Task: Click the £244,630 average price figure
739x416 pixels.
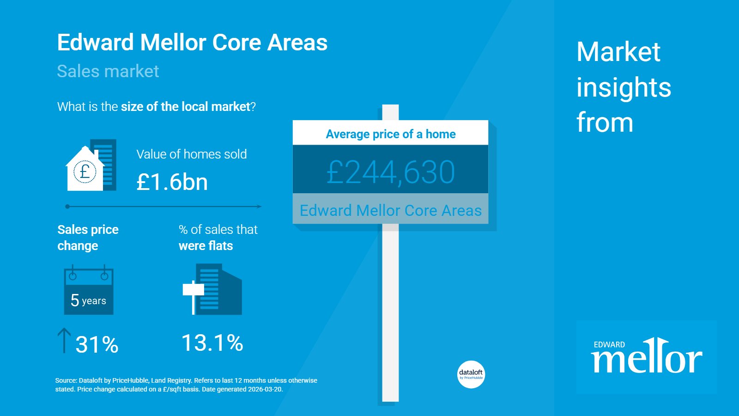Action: click(x=391, y=172)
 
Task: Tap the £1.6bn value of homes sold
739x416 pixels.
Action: click(x=172, y=182)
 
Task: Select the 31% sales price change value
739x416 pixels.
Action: click(x=97, y=345)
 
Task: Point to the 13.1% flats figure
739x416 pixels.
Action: click(x=212, y=343)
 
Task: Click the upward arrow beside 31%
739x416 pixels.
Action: click(x=64, y=340)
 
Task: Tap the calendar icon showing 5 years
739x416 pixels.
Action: click(x=88, y=289)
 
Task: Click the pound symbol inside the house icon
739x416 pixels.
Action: click(x=85, y=171)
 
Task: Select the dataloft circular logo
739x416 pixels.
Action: click(x=471, y=374)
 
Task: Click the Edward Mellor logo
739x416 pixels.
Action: click(x=647, y=357)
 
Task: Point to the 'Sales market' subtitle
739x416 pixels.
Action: click(x=108, y=71)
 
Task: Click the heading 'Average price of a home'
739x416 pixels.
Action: click(x=391, y=134)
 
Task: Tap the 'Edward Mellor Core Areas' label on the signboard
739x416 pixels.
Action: click(x=391, y=210)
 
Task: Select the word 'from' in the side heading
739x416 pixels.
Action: click(x=605, y=122)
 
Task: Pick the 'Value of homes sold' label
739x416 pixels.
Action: click(x=192, y=154)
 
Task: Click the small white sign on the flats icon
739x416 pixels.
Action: click(x=194, y=289)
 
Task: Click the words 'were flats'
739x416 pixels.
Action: click(x=206, y=245)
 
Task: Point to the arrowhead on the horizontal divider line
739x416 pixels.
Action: click(x=259, y=207)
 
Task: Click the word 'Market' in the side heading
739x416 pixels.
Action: click(x=618, y=52)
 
